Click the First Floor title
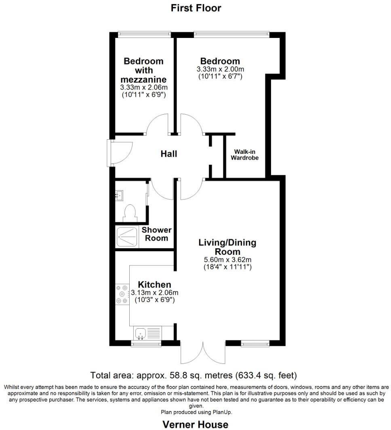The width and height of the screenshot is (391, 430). click(196, 8)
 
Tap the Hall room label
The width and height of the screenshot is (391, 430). click(169, 154)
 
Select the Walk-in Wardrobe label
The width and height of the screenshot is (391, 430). click(244, 155)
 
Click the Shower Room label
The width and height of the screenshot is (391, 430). click(156, 234)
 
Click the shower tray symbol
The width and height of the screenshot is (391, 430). click(127, 237)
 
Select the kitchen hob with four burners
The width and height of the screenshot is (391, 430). click(122, 294)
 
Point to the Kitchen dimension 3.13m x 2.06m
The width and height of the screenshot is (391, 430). click(155, 293)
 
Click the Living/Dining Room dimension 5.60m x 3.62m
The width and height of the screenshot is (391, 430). click(227, 260)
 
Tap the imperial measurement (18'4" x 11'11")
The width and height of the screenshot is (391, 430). click(227, 267)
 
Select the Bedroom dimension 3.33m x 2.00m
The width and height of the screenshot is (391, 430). click(220, 69)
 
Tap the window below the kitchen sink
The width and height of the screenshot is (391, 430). click(146, 344)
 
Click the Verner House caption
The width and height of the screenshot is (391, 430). click(195, 424)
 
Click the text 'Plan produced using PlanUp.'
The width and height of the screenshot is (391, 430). click(196, 412)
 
